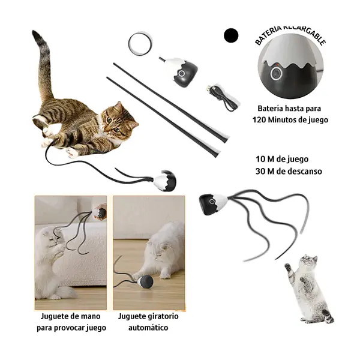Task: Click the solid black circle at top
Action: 231,35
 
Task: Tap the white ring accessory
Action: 140,43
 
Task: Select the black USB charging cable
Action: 224,97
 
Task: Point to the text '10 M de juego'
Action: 281,159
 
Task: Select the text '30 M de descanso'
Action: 288,171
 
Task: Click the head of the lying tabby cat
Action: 118,119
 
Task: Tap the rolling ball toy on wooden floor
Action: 145,281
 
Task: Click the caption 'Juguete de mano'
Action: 70,316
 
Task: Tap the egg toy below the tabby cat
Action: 165,181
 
